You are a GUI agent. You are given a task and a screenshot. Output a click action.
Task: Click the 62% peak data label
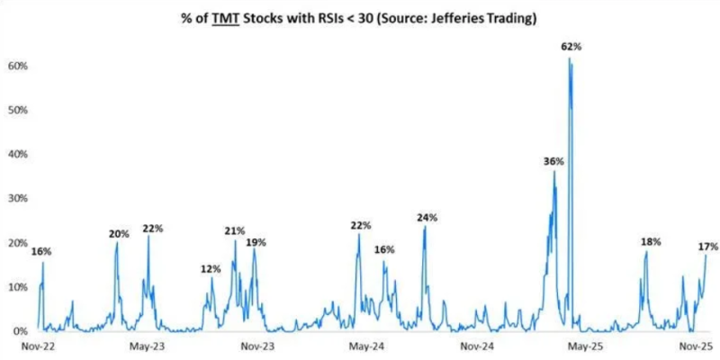(570, 47)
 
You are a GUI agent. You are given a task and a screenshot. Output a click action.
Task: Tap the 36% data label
(553, 161)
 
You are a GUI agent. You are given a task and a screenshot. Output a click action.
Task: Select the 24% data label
(427, 217)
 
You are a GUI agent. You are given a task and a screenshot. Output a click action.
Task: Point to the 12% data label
(211, 269)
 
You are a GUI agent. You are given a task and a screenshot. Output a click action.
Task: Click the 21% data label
(235, 231)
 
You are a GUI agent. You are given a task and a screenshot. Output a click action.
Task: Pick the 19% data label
(256, 242)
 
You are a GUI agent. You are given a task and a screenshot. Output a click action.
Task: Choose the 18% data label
(651, 241)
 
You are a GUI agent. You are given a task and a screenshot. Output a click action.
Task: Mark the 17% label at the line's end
(707, 246)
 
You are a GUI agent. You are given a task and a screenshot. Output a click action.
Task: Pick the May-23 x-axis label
(147, 346)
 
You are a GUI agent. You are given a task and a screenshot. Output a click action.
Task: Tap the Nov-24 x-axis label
(476, 346)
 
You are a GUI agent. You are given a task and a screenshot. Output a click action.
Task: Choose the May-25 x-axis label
(586, 346)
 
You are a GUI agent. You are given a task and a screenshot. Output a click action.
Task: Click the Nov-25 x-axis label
(695, 346)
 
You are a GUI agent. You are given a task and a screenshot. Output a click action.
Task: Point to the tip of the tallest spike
(570, 58)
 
